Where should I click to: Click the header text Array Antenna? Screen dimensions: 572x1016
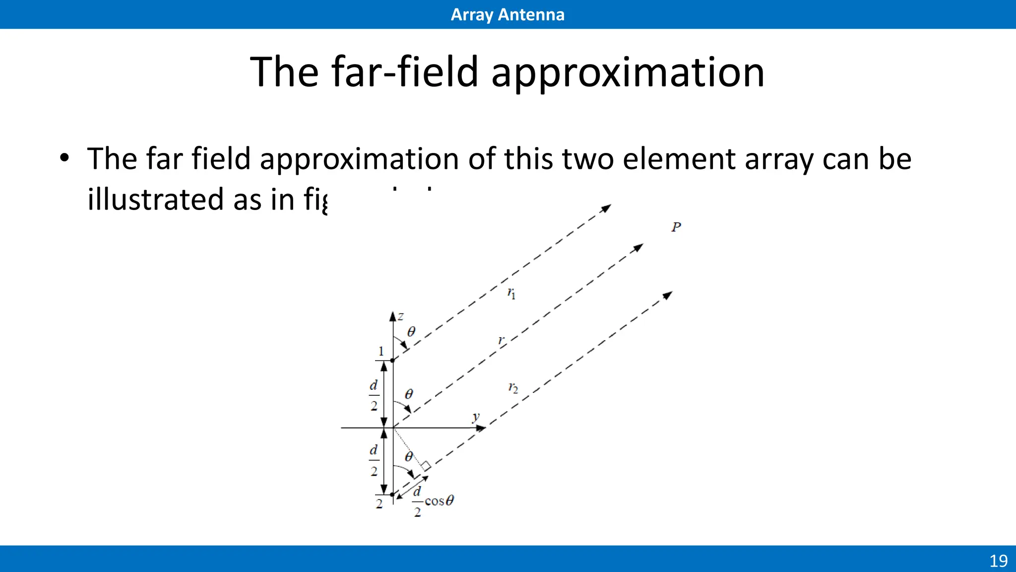click(507, 14)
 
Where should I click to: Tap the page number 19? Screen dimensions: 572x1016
click(998, 561)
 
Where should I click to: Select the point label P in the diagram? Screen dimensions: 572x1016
click(676, 227)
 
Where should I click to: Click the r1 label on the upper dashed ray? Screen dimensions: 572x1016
click(511, 293)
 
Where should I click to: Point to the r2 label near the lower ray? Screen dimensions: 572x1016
click(513, 388)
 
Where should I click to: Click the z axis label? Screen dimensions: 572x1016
click(401, 316)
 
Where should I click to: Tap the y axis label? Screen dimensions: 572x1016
click(476, 417)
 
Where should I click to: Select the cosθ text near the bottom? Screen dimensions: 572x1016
click(439, 500)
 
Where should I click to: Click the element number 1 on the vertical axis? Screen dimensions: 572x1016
click(381, 351)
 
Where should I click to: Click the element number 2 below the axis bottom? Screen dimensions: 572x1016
click(379, 503)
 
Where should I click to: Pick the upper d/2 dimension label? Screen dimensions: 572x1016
click(374, 395)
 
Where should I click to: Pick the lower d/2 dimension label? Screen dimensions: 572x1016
click(374, 460)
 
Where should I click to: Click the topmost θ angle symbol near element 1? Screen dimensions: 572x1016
click(411, 332)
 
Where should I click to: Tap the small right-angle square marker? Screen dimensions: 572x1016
click(426, 466)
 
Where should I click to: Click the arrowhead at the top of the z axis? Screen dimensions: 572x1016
click(393, 316)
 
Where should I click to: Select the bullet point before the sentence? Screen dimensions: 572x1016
click(64, 159)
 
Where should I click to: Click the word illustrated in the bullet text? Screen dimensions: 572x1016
click(155, 199)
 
